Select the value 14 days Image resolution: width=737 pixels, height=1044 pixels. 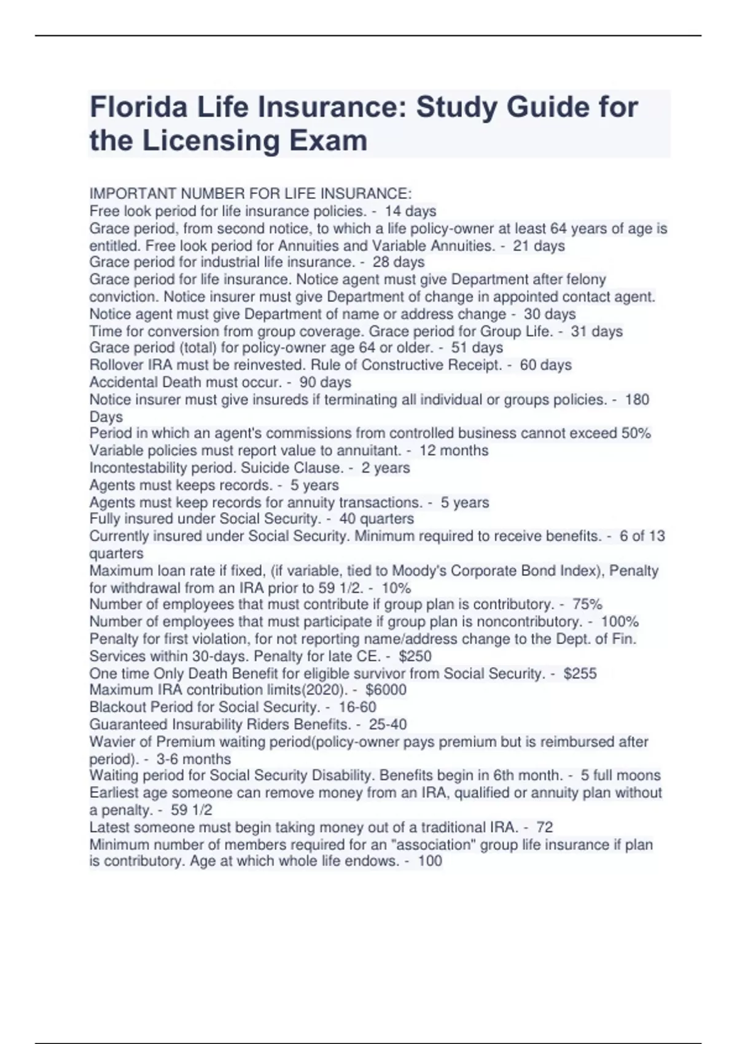click(x=410, y=211)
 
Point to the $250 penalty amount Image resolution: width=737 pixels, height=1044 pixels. click(x=415, y=656)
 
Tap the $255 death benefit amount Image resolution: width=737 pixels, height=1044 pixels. click(x=580, y=673)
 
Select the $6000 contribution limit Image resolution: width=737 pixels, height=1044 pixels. click(x=386, y=690)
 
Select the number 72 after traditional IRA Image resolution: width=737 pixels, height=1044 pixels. click(x=545, y=827)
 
